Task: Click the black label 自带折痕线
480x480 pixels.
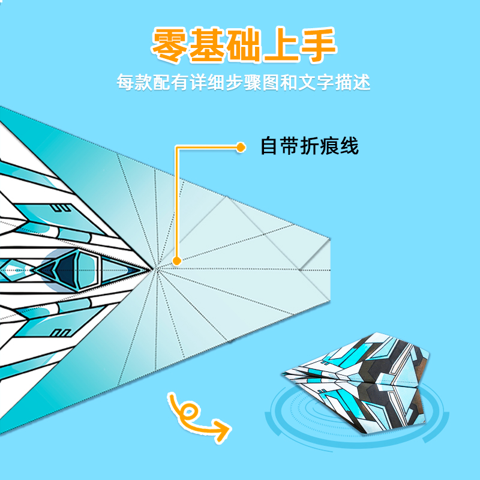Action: click(x=309, y=146)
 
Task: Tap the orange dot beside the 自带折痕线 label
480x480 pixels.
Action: click(x=241, y=146)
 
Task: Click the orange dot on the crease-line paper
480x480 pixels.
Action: click(x=176, y=260)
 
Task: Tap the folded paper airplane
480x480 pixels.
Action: click(x=354, y=384)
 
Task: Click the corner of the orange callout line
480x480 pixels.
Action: click(x=176, y=147)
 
